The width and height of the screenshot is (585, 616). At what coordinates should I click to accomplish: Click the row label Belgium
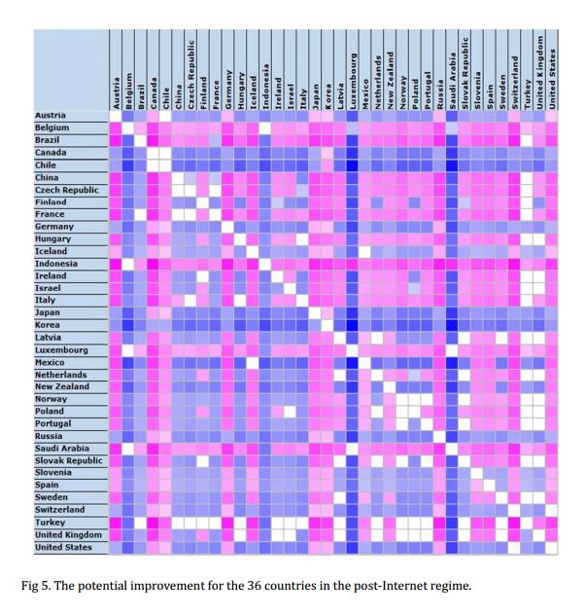pos(52,128)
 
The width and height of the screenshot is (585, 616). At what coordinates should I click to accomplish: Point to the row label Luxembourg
pos(61,350)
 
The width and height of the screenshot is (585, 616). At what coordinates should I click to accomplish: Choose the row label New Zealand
pos(63,387)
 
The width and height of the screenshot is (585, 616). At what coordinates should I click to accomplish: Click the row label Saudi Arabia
pos(64,449)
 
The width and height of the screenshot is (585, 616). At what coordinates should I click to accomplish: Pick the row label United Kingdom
pos(67,534)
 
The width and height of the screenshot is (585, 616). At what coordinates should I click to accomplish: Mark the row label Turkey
pos(51,523)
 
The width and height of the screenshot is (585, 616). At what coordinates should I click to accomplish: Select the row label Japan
pos(48,313)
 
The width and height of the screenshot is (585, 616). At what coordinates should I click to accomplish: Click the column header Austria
pos(115,92)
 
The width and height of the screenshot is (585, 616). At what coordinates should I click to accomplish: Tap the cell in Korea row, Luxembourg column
pos(351,325)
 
